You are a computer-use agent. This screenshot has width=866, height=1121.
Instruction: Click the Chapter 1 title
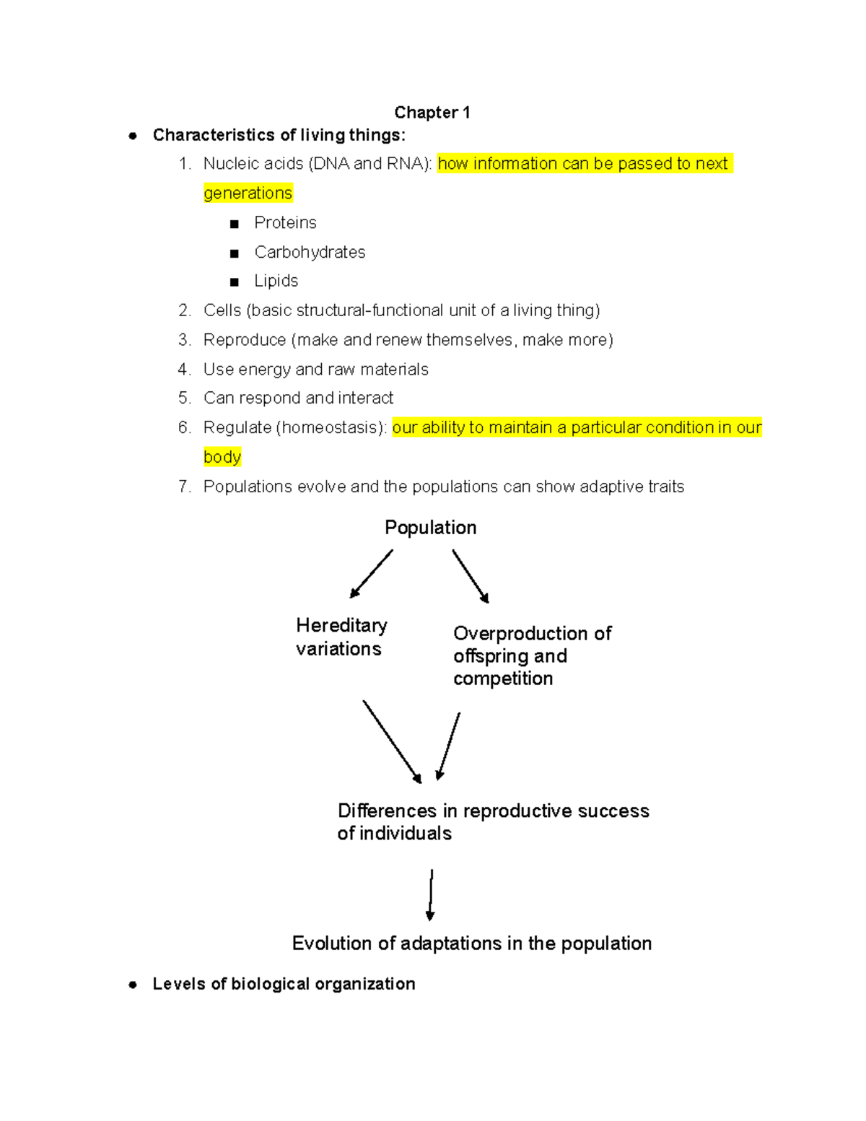coord(432,113)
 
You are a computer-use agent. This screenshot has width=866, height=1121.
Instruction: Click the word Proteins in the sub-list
coord(285,223)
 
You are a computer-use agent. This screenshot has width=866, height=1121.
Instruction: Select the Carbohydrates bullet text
coord(310,252)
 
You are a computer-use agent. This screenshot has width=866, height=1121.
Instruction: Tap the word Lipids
coord(276,281)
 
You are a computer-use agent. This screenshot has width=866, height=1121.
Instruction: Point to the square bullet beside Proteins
coord(235,224)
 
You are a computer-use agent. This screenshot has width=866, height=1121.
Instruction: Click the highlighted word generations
coord(248,193)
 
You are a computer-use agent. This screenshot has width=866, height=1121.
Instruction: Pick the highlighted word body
coord(222,457)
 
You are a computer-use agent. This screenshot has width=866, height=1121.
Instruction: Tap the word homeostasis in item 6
coord(331,427)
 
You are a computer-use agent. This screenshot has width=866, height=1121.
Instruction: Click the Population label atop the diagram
coord(431,528)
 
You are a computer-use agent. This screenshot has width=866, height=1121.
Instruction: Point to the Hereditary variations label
coord(341,637)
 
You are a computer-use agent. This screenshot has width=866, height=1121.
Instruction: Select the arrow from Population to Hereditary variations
coord(371,574)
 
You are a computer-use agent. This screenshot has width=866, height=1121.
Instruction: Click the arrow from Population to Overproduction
coord(471,576)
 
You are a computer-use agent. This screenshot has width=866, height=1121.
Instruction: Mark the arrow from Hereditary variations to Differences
coord(393,742)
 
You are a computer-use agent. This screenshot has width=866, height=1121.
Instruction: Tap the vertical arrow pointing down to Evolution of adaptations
coord(431,895)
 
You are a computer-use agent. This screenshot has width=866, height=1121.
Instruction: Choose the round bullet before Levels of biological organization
coord(133,985)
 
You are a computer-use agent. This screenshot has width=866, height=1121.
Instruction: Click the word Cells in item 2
coord(222,310)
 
